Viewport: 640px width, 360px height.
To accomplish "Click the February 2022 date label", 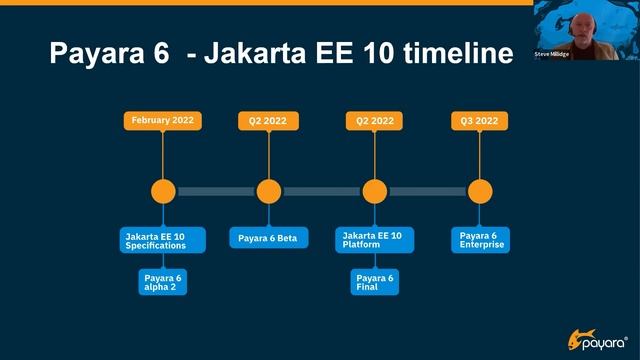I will click(x=162, y=121).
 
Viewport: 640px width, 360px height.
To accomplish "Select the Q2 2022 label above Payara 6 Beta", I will click(x=268, y=121).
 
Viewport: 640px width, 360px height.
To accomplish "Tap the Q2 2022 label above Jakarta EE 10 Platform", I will click(x=374, y=121).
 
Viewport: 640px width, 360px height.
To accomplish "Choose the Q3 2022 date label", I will click(x=479, y=121).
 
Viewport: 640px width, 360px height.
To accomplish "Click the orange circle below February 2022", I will click(x=163, y=191).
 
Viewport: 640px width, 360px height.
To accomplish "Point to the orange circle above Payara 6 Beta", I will click(x=268, y=191).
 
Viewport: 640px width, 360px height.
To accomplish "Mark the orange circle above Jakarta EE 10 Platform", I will click(x=374, y=191).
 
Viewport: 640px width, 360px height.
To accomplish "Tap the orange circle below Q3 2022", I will click(x=480, y=191).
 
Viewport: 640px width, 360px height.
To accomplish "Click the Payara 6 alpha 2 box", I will click(x=162, y=282).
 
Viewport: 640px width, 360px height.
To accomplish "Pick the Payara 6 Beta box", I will click(x=268, y=238).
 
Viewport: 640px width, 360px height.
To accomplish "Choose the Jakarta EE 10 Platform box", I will click(x=373, y=240).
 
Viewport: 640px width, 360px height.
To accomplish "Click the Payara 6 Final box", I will click(x=374, y=282).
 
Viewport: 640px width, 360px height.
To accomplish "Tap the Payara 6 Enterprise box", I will click(x=479, y=240).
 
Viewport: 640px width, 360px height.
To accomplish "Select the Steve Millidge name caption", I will click(x=552, y=54).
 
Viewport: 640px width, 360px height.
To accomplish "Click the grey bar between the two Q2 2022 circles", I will click(x=321, y=191).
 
